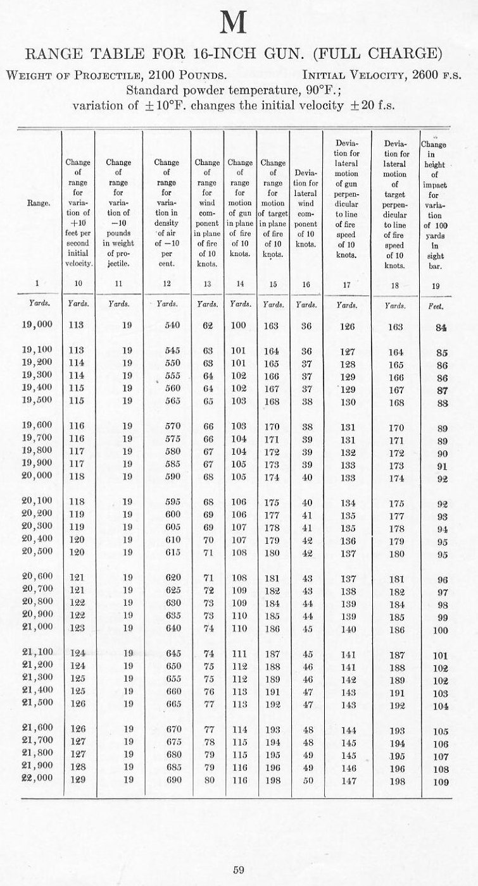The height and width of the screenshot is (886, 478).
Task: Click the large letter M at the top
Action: tap(232, 23)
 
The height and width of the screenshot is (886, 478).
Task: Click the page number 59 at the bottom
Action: tap(238, 870)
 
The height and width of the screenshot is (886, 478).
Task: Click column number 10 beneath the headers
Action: tap(77, 285)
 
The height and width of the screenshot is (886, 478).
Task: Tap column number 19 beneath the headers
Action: tap(436, 286)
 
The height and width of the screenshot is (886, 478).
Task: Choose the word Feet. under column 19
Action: tap(436, 304)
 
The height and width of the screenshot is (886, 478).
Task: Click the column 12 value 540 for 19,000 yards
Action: tap(172, 326)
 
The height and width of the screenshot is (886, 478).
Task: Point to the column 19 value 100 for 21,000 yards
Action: tap(439, 631)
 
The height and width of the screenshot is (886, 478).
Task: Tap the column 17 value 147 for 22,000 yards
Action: tap(348, 781)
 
